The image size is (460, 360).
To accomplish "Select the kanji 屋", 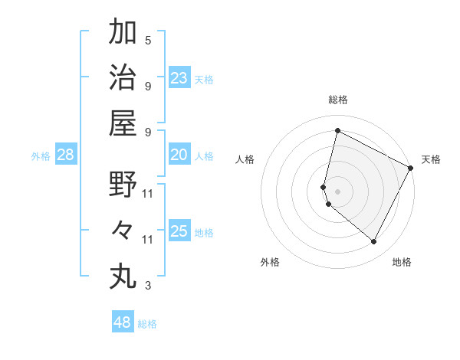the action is point(123,123).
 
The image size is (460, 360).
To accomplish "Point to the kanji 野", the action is point(123,184).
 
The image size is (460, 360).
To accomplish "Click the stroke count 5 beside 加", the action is point(148,40).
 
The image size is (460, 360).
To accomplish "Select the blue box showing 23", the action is point(179,78).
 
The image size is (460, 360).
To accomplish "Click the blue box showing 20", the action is point(179,155).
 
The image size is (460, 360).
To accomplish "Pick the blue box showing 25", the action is point(179,231).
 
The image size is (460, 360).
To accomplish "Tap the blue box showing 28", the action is point(66,155).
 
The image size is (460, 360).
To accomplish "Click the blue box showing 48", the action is point(123,322).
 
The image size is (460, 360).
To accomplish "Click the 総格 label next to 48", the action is point(147,324).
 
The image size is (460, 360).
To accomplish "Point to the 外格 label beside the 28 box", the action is point(41,156).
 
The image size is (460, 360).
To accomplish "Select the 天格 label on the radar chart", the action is point(431,160).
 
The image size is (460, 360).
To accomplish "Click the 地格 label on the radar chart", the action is point(402,263).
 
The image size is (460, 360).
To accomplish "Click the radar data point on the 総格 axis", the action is point(337,131).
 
